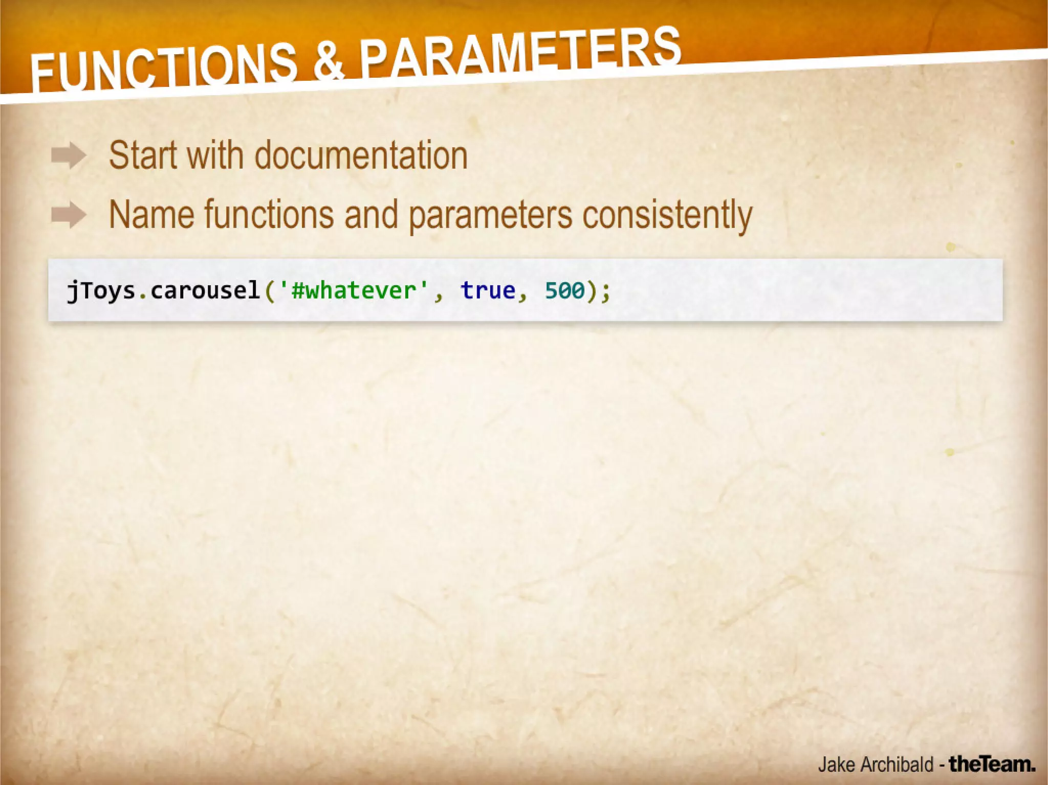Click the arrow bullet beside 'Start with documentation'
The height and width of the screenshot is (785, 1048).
click(x=69, y=155)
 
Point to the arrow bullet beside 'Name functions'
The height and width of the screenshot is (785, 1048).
click(x=69, y=214)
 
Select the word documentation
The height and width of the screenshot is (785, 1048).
click(x=361, y=155)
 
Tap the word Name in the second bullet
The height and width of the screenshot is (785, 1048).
click(x=151, y=214)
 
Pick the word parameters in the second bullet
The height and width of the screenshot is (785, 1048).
click(x=490, y=215)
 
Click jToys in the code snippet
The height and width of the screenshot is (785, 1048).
click(x=101, y=290)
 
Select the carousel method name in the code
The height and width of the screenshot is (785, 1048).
click(x=205, y=290)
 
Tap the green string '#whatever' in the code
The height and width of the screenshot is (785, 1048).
click(x=353, y=290)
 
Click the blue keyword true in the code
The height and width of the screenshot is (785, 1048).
click(x=488, y=290)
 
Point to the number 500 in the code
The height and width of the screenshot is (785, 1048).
click(x=564, y=290)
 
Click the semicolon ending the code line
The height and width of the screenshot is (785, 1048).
click(x=605, y=291)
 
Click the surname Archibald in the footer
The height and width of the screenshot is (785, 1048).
click(x=897, y=765)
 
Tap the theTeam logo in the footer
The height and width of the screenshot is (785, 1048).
click(x=992, y=764)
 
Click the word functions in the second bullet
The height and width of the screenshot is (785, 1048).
click(x=269, y=214)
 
